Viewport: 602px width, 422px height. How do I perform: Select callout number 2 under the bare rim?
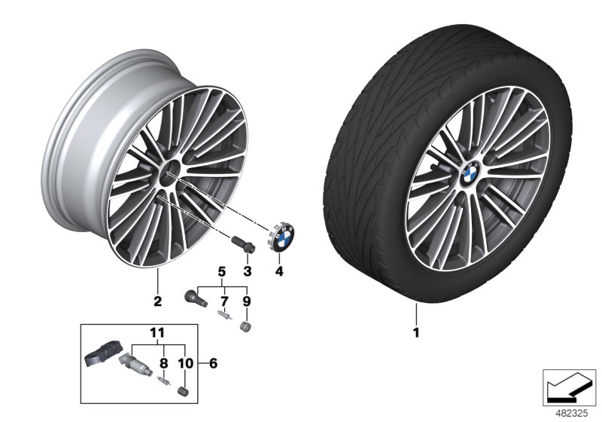pyautogui.click(x=158, y=301)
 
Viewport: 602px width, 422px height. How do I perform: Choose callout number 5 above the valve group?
pyautogui.click(x=222, y=271)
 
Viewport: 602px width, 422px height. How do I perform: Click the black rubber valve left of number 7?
pyautogui.click(x=193, y=297)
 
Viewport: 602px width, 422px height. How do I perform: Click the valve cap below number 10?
pyautogui.click(x=182, y=390)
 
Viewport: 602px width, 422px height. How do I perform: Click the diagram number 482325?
pyautogui.click(x=572, y=413)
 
